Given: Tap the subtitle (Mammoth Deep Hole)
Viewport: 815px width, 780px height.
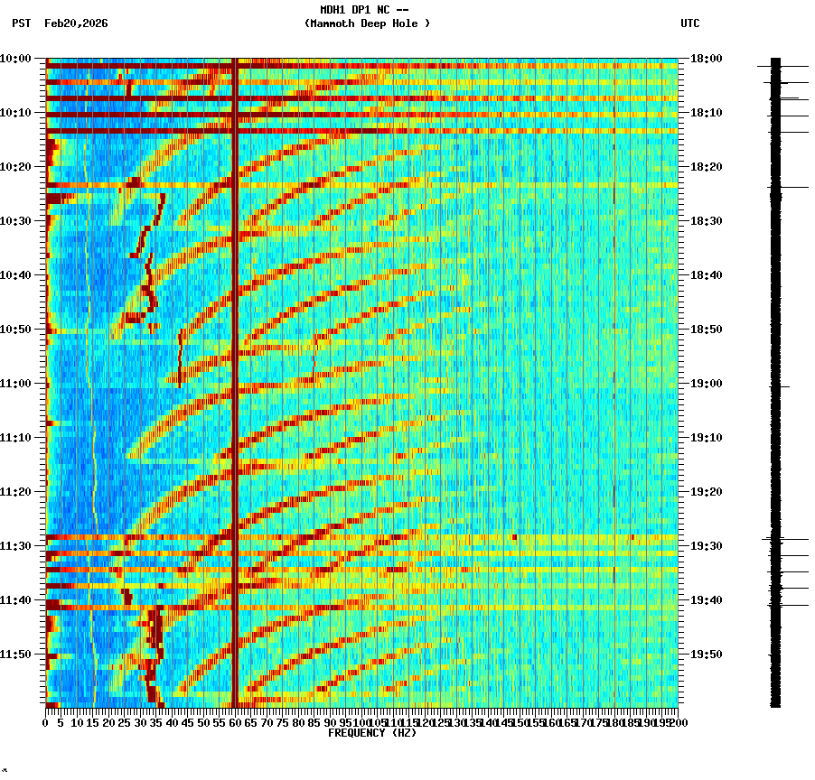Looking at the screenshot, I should coord(367,23).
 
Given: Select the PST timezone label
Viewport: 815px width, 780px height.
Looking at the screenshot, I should coord(21,23).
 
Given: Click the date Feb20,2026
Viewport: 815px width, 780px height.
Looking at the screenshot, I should coord(76,23).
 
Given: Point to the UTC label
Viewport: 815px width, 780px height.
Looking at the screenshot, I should coord(689,23).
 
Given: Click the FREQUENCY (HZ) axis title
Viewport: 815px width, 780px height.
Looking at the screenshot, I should coord(371,733).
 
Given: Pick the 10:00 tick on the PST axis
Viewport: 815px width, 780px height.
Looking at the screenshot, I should coord(16,59).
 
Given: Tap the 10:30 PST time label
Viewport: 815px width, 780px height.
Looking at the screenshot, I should coord(16,221).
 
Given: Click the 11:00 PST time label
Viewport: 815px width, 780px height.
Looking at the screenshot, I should coord(16,384).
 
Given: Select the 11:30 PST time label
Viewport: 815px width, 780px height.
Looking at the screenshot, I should coord(16,546).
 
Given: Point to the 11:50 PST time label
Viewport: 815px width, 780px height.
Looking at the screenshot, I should coord(16,655).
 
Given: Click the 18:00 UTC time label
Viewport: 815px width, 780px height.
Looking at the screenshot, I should coord(706,59).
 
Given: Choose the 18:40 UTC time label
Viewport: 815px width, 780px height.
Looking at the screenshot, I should coord(706,275).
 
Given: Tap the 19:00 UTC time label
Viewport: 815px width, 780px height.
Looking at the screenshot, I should coord(706,384).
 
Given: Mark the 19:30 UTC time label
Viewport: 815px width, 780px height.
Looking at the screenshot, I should coord(706,546).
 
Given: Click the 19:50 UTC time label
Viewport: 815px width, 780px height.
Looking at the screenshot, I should coord(706,655).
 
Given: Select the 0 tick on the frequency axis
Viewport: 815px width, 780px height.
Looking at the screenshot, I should coord(46,722).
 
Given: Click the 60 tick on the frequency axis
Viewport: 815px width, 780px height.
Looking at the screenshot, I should coord(235,722).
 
